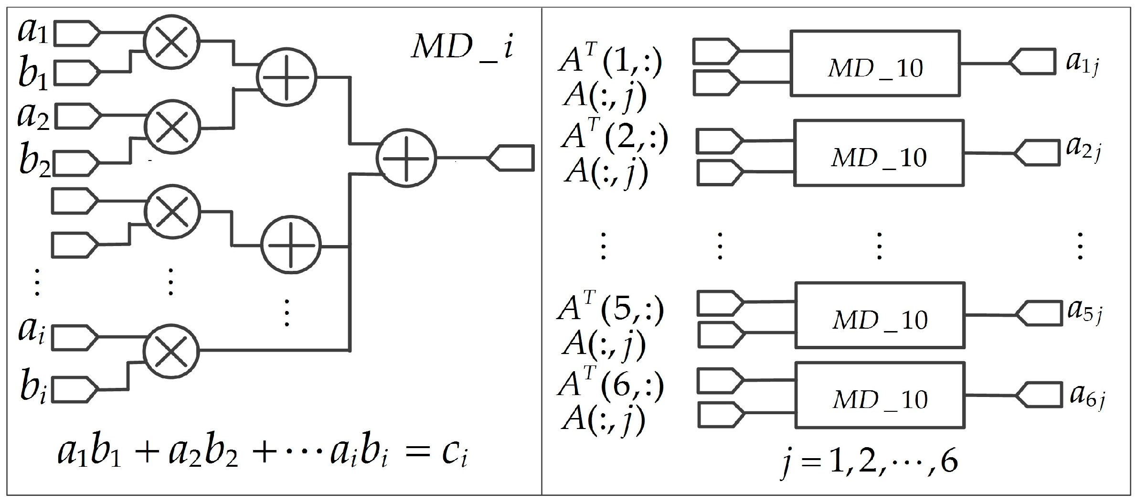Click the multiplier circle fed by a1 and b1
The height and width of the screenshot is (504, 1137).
tap(172, 42)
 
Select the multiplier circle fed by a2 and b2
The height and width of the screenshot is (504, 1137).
tap(172, 128)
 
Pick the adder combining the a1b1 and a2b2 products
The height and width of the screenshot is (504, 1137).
tap(286, 77)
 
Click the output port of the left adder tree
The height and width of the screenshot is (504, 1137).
tap(511, 158)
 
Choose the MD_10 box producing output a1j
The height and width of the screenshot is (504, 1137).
tap(874, 64)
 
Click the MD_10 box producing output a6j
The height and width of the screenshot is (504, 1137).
tap(880, 395)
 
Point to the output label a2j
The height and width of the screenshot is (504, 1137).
tap(1083, 149)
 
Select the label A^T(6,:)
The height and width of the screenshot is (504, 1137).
tap(610, 385)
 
